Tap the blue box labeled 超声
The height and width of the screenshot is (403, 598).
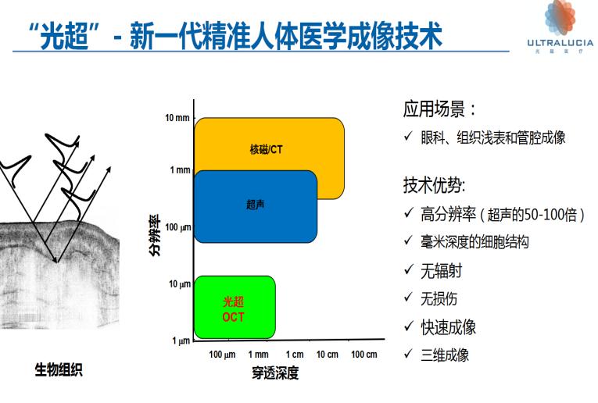pyautogui.click(x=255, y=205)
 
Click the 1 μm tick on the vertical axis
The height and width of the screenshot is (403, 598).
pyautogui.click(x=181, y=341)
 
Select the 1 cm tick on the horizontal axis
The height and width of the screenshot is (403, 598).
pyautogui.click(x=294, y=355)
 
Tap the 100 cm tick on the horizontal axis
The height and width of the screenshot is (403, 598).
pyautogui.click(x=363, y=355)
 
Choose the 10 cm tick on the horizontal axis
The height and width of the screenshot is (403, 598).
pyautogui.click(x=328, y=355)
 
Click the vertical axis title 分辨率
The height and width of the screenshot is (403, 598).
pyautogui.click(x=154, y=235)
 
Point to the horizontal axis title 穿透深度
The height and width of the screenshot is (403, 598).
pyautogui.click(x=274, y=373)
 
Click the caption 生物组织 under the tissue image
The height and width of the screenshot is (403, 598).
pyautogui.click(x=59, y=369)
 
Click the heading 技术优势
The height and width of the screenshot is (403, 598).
pyautogui.click(x=435, y=185)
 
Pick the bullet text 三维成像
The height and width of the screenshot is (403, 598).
pyautogui.click(x=445, y=354)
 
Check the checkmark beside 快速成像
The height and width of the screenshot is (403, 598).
pyautogui.click(x=408, y=326)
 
